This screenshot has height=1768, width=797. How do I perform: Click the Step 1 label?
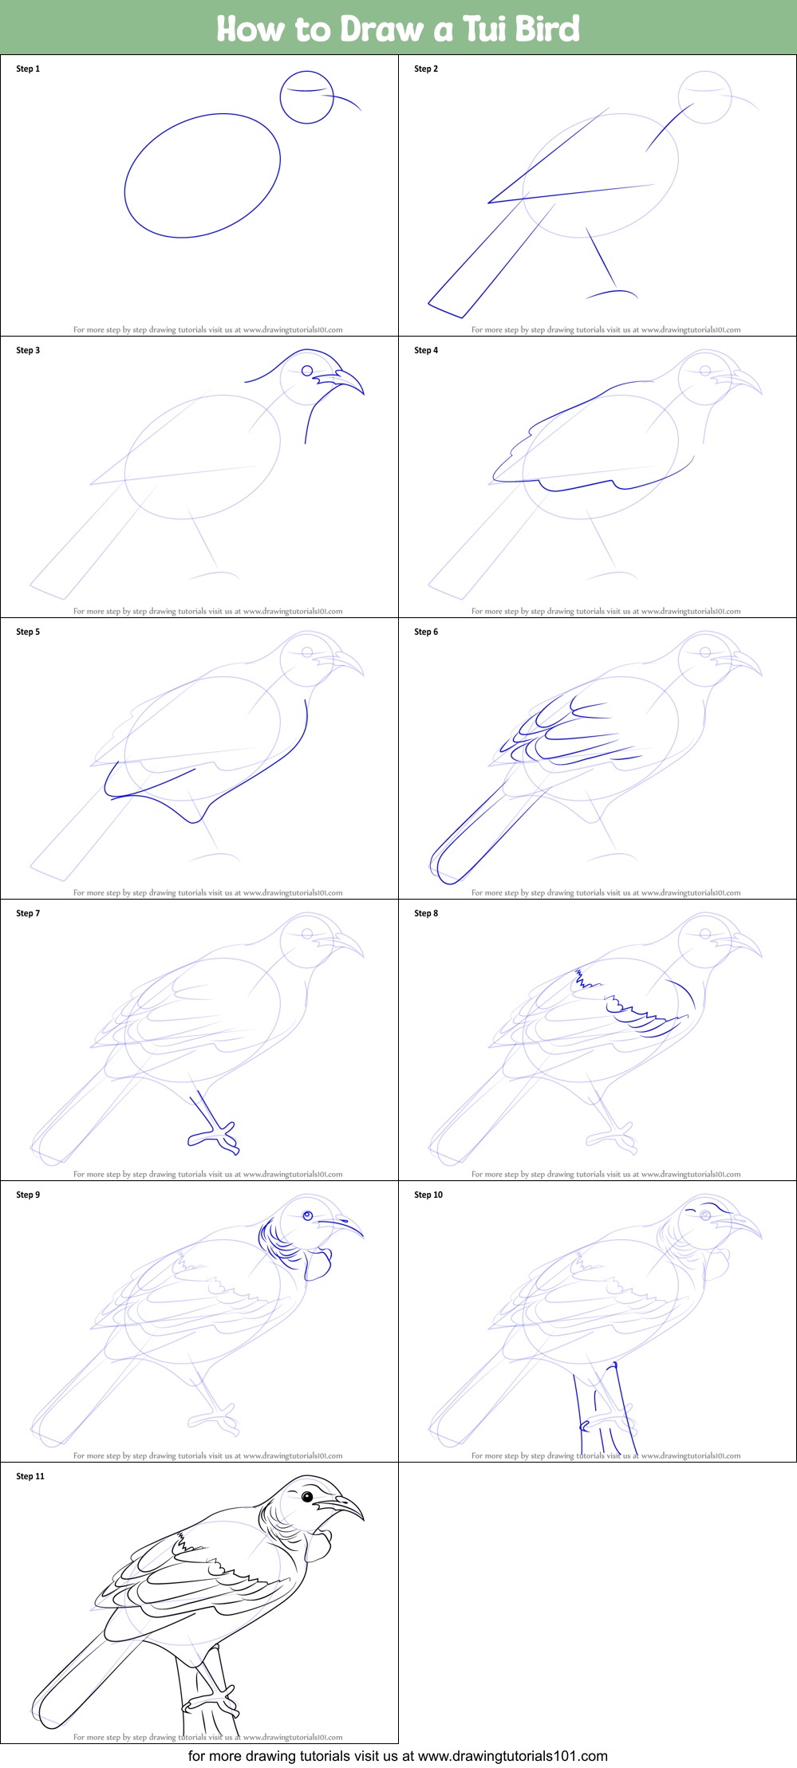coord(28,69)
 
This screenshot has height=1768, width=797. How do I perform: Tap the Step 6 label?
coord(426,632)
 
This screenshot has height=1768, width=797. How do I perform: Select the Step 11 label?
coord(30,1476)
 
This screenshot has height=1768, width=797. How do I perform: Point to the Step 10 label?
coord(428,1195)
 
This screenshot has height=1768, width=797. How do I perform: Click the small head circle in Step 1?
coord(306,97)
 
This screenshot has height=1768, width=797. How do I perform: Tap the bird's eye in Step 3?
coord(307,371)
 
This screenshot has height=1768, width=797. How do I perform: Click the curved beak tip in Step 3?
coord(362,392)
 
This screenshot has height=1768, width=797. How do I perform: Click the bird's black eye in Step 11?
coord(307,1497)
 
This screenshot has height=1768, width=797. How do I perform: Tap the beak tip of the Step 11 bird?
coord(363,1518)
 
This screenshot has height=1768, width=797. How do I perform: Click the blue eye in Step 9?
coord(308,1215)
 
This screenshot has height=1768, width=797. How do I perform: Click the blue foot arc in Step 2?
coord(613,293)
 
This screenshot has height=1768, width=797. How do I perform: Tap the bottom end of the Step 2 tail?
coord(446,310)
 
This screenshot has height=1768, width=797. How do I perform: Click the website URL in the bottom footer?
coord(512,1755)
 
